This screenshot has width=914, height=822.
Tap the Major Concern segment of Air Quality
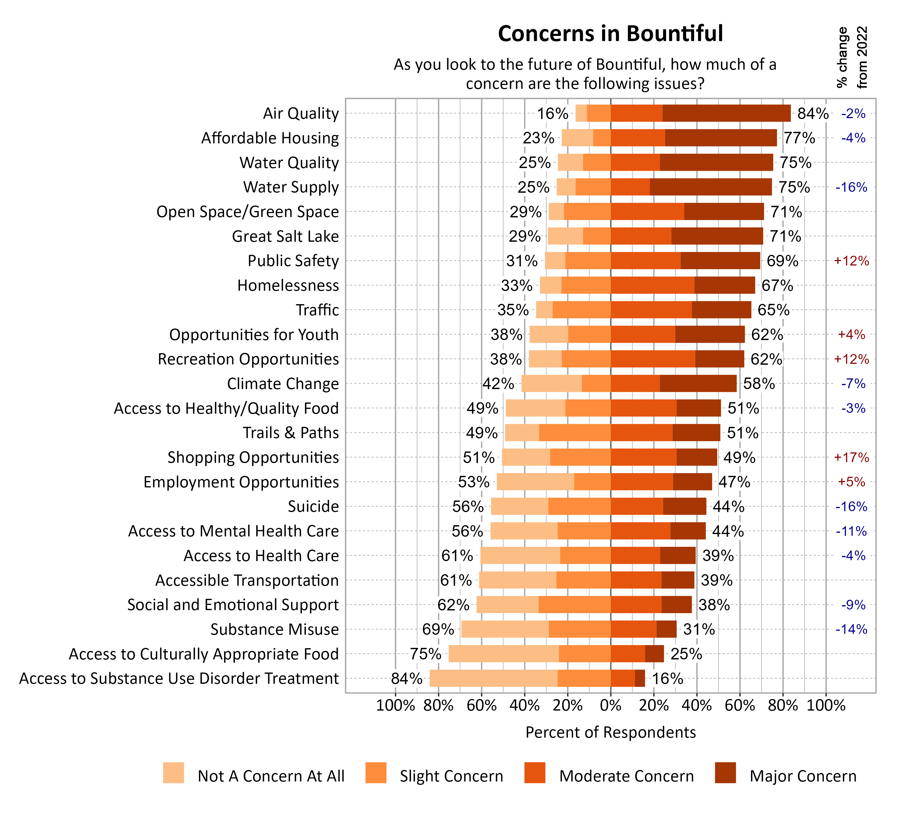726,113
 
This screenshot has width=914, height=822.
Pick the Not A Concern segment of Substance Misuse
505,629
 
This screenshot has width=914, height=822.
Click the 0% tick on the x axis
610,705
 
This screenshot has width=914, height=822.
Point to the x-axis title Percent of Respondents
610,732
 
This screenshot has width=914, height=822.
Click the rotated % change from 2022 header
852,57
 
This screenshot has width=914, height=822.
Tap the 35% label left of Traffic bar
512,310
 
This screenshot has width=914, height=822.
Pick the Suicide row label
313,507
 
